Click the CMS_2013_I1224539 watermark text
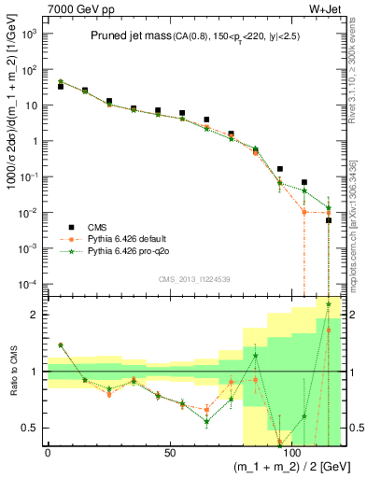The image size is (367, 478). (x=192, y=278)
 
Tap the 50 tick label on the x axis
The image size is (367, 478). (x=169, y=452)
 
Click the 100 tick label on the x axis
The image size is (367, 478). (x=291, y=452)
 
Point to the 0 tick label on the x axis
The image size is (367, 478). (x=48, y=452)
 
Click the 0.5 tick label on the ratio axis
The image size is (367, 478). (x=30, y=428)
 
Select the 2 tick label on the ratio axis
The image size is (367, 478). (x=35, y=315)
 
